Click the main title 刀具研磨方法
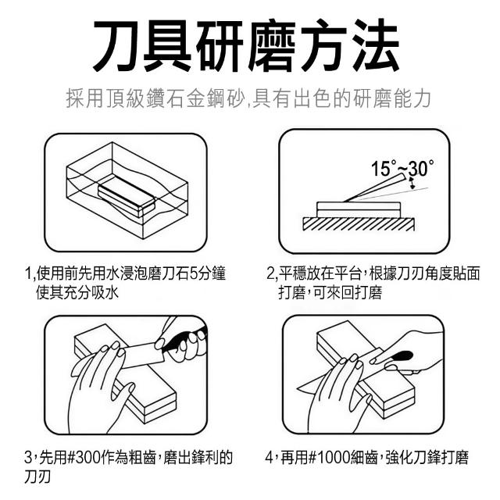[246, 45]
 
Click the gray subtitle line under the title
[248, 98]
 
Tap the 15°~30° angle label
[402, 168]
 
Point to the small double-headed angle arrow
[412, 184]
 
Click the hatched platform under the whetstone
[359, 224]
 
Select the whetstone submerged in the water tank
[127, 200]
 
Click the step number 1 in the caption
[28, 274]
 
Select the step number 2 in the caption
[270, 274]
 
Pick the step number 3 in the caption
[28, 458]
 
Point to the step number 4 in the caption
[269, 458]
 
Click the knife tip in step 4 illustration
[298, 388]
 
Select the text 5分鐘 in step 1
[208, 274]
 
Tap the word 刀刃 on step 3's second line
[37, 477]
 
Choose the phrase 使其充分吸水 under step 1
[77, 292]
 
